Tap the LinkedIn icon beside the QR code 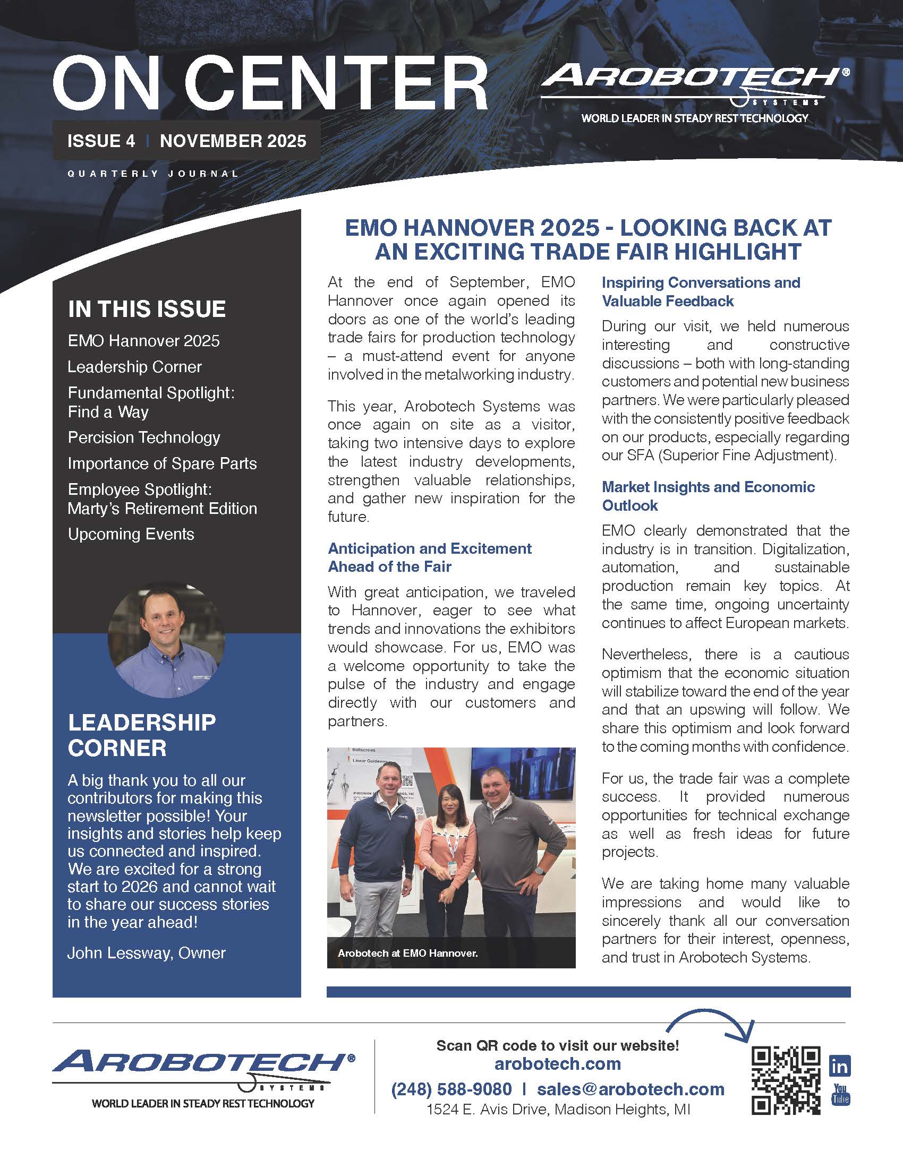[x=839, y=1067]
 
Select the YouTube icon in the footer [x=840, y=1094]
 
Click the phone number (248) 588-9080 [x=451, y=1089]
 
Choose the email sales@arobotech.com [x=631, y=1089]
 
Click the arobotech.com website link [x=557, y=1064]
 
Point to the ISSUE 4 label [x=101, y=141]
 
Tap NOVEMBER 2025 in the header [x=233, y=141]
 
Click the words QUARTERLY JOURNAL [x=153, y=173]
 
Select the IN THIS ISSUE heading [x=147, y=309]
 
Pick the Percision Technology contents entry [x=144, y=437]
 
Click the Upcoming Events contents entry [x=131, y=534]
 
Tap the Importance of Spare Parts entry [x=162, y=463]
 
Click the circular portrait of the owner [x=166, y=640]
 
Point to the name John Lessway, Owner [x=147, y=952]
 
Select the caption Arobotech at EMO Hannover [x=407, y=953]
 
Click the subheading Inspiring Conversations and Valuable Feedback [x=701, y=291]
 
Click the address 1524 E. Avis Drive [x=558, y=1110]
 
